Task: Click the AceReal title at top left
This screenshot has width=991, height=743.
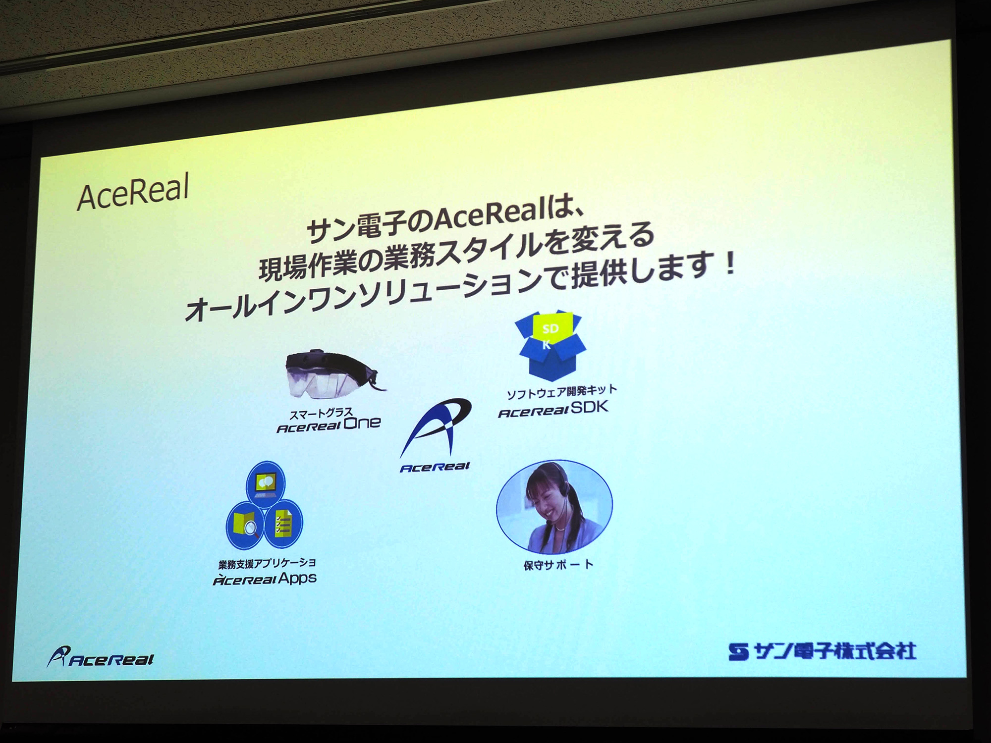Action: (133, 192)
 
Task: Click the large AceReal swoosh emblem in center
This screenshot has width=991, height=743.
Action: (435, 428)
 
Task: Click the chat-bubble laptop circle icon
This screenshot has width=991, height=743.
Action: (266, 483)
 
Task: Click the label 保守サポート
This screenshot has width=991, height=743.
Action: (558, 564)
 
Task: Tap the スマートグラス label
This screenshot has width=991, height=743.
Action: (321, 413)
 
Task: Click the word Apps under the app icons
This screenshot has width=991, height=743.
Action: (297, 578)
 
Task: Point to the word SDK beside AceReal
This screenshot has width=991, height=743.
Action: (589, 407)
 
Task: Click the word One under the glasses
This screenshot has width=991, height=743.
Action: (362, 423)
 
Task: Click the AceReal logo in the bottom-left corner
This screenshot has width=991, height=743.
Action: (100, 657)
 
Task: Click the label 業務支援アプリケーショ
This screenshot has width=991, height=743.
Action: (267, 563)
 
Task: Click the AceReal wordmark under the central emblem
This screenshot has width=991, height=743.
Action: (435, 467)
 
